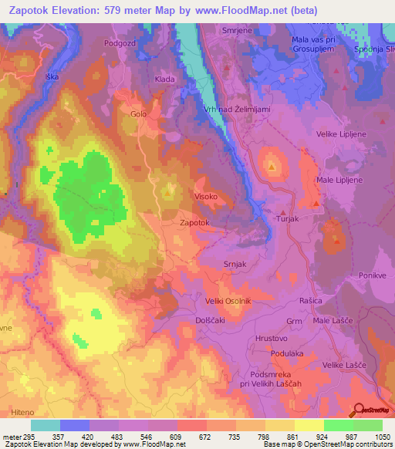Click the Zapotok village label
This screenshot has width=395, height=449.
point(194,222)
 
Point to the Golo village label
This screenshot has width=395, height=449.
point(138,114)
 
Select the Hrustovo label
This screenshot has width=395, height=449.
point(271,338)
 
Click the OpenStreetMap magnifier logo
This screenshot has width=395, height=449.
point(359,409)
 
